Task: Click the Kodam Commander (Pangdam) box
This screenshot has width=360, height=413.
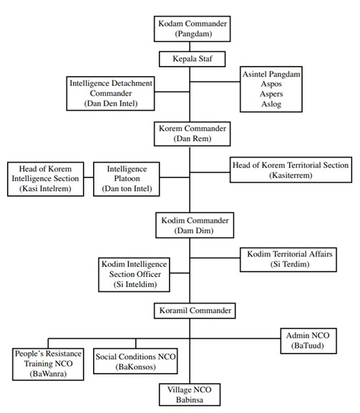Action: (x=193, y=29)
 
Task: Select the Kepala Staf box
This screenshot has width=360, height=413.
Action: (x=193, y=59)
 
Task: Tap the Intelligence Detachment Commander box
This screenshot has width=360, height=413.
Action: (x=111, y=94)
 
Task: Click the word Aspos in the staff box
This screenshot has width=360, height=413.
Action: (x=271, y=84)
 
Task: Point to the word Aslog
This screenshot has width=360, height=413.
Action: (x=271, y=104)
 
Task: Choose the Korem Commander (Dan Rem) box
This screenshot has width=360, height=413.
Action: (x=193, y=134)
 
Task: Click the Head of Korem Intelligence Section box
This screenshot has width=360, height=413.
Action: (x=46, y=179)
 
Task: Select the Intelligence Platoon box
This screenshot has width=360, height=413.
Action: (x=127, y=179)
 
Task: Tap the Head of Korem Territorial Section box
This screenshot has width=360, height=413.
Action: (x=291, y=170)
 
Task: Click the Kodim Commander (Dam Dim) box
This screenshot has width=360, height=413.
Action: (x=195, y=225)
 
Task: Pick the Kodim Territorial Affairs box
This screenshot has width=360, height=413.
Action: (x=288, y=259)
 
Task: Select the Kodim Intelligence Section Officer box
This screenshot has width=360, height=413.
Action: (x=134, y=275)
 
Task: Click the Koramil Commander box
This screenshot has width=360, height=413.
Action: (x=195, y=311)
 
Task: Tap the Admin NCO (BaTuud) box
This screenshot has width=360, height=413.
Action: (x=308, y=341)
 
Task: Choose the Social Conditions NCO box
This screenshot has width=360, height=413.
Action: (x=135, y=361)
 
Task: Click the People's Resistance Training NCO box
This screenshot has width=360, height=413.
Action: (x=48, y=364)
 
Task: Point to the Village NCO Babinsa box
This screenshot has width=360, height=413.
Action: (x=190, y=394)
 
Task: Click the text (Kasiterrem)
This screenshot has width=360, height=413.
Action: (x=291, y=175)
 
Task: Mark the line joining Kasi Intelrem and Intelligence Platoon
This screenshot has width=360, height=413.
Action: (x=89, y=178)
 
